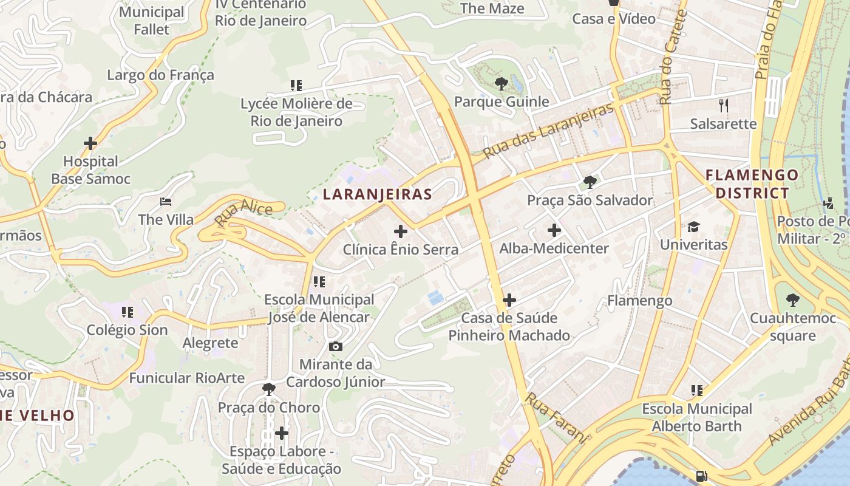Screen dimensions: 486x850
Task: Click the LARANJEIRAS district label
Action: click(x=377, y=194)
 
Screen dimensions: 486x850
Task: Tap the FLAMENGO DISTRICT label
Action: click(x=752, y=184)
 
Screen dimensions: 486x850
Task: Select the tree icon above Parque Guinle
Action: click(x=501, y=83)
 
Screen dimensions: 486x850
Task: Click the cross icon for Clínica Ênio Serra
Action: click(x=401, y=231)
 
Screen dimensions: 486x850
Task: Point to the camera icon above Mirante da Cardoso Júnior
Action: click(x=335, y=346)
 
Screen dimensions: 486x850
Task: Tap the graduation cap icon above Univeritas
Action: click(x=693, y=227)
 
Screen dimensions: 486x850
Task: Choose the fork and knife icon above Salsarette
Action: click(x=723, y=106)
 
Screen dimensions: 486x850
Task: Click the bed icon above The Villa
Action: click(x=166, y=202)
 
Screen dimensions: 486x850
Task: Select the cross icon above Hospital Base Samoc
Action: click(x=90, y=144)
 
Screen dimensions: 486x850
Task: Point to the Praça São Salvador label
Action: click(x=590, y=200)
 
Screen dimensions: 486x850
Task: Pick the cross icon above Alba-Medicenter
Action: click(x=554, y=230)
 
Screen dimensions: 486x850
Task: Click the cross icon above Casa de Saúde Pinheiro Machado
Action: click(x=509, y=300)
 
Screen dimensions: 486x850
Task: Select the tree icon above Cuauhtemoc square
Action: click(x=792, y=300)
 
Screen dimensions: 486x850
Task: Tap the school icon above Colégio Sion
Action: click(x=127, y=312)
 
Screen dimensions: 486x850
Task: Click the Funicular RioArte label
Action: click(x=186, y=377)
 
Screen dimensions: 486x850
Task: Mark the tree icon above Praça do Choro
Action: click(x=268, y=389)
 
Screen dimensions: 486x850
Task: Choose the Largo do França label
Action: click(x=160, y=75)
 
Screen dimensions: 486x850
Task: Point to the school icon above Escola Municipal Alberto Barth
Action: click(x=697, y=391)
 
